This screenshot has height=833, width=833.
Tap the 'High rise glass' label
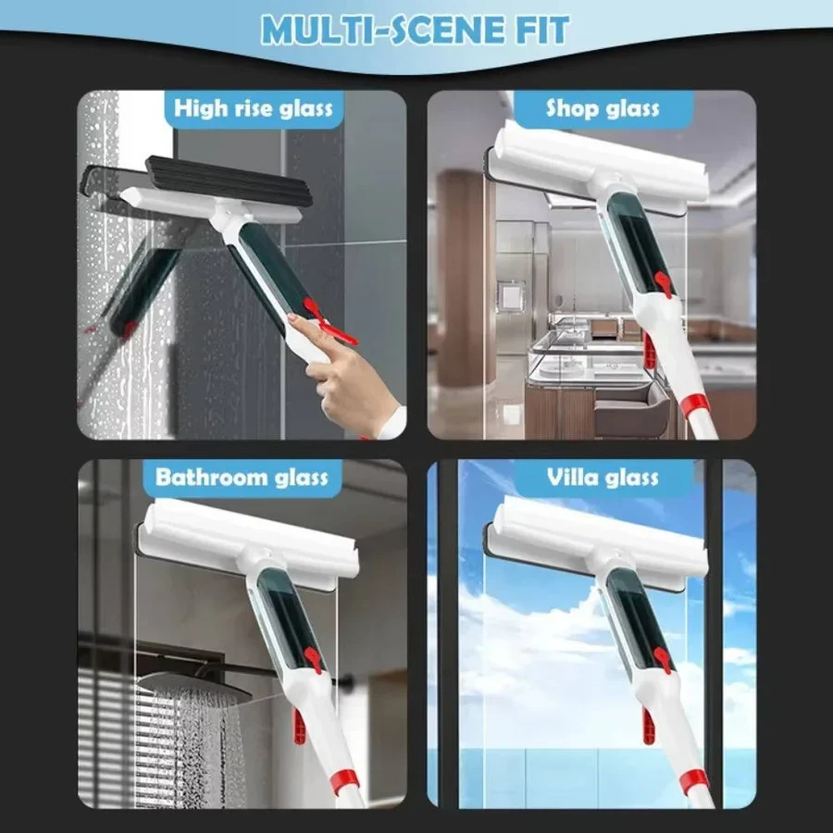click(253, 108)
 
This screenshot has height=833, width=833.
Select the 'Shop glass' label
click(603, 108)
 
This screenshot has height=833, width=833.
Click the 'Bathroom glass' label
click(242, 478)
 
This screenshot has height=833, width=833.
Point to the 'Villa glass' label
click(603, 478)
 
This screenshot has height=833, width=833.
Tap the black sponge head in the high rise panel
click(231, 181)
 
